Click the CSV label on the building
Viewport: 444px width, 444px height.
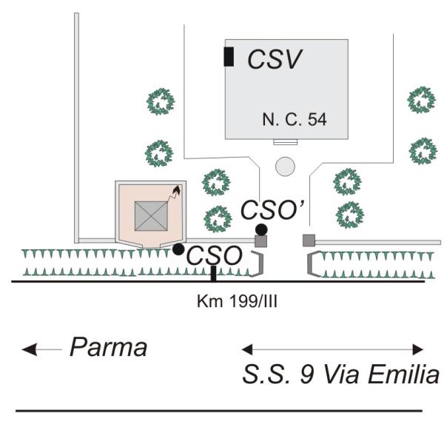click(275, 60)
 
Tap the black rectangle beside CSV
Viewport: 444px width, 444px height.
click(229, 56)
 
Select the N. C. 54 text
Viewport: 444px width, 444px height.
click(294, 118)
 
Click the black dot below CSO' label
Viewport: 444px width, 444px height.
click(261, 228)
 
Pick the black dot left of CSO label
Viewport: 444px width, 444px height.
click(178, 249)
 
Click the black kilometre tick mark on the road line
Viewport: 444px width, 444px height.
click(214, 273)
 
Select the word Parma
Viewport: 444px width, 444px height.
click(109, 348)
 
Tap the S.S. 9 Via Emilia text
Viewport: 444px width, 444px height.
click(341, 375)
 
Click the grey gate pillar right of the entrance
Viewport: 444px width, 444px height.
click(309, 240)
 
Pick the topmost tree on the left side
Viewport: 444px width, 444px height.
click(159, 101)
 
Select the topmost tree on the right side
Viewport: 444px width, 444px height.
click(422, 100)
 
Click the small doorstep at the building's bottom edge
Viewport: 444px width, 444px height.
click(285, 141)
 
